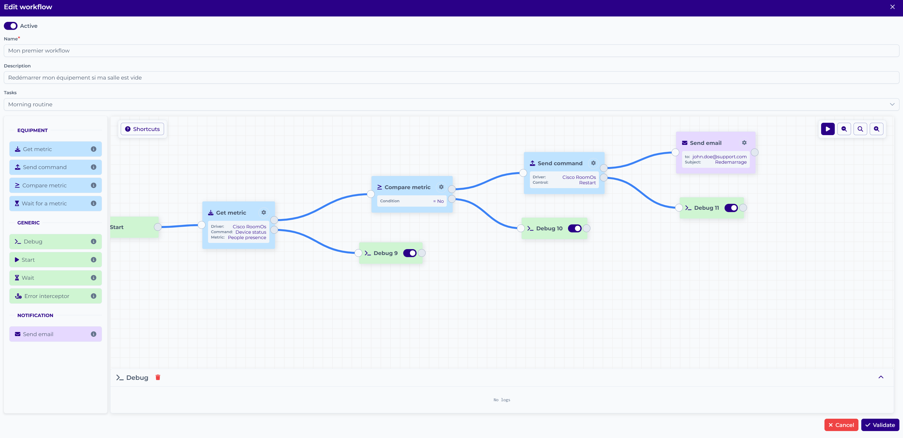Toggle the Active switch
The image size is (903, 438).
point(11,26)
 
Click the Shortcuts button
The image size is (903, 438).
point(142,129)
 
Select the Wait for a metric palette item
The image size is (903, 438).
point(55,204)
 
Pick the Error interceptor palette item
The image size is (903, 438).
point(55,296)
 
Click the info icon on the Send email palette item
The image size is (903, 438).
point(93,334)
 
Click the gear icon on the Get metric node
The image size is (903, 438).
point(264,212)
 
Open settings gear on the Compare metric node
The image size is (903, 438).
point(441,187)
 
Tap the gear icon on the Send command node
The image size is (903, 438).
point(594,163)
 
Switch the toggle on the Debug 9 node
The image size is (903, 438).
point(410,253)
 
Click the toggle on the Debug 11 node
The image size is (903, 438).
point(731,208)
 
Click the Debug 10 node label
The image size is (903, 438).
point(549,229)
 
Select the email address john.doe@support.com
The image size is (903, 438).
point(719,157)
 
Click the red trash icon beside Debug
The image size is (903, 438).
point(158,377)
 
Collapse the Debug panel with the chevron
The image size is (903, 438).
point(881,377)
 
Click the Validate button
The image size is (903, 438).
point(880,425)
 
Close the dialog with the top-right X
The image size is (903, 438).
point(892,7)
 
